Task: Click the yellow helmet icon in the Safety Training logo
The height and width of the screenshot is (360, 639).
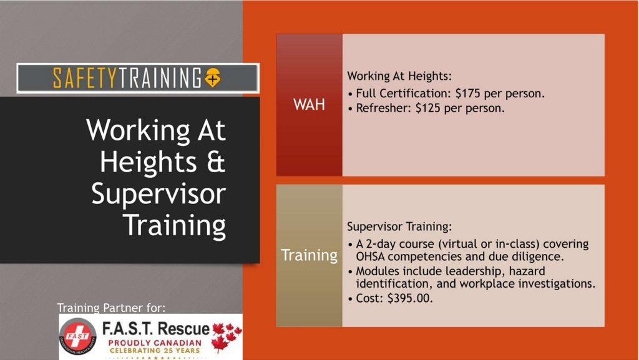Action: point(212,77)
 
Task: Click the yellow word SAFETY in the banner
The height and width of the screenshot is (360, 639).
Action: point(85,78)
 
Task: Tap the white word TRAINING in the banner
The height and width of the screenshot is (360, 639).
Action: point(160,78)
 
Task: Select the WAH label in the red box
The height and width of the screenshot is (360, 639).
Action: point(309,105)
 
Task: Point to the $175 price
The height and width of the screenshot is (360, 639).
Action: point(467,93)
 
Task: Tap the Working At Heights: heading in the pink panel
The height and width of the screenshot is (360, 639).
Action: point(399,75)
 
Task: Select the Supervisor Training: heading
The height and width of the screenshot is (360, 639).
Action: point(399,226)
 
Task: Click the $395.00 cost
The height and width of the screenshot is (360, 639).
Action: point(409,298)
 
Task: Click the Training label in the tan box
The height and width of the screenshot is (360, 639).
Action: point(310,255)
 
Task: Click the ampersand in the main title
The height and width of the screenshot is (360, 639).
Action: point(215,162)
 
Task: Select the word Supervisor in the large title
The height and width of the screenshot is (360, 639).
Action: point(159,194)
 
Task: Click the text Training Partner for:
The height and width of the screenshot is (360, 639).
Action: point(111,308)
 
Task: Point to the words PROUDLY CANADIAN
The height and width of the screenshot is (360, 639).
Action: point(155,343)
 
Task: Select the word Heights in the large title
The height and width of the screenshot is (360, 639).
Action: point(149,163)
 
